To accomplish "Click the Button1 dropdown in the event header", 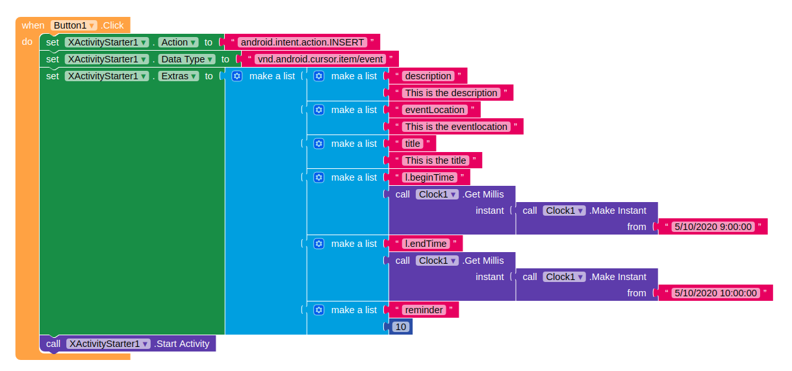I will pos(74,25).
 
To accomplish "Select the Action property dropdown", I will pos(179,42).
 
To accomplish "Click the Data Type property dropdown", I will pos(188,59).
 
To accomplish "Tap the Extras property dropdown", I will pos(179,76).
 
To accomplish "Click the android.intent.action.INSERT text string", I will pos(302,42).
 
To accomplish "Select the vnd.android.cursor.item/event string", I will pos(319,59).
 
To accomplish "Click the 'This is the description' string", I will pos(451,93).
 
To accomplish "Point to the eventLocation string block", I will pos(435,110).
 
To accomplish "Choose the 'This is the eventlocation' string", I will pos(456,127).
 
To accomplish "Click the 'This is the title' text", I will pos(435,160).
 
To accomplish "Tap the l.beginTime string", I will pos(429,177).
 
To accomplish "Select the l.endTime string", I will pos(426,244).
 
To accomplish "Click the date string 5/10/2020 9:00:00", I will pos(713,227).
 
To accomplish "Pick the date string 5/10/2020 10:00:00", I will pos(715,293).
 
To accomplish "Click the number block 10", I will pos(401,327).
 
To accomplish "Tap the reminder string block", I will pos(424,310).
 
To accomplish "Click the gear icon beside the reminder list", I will pos(318,310).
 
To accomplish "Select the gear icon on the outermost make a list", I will pos(236,76).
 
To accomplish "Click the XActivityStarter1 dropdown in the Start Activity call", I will pos(109,344).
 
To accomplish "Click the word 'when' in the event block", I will pos(33,25).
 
